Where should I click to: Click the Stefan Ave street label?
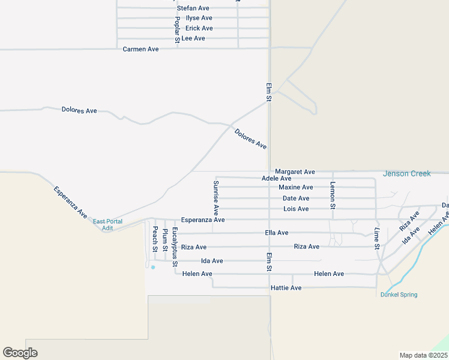pos(193,8)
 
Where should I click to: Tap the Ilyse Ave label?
pos(199,18)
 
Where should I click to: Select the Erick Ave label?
pos(199,28)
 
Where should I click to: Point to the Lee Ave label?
pos(193,38)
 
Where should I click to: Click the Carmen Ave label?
pos(140,49)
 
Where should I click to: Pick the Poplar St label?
pos(177,29)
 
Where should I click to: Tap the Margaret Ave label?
pos(295,172)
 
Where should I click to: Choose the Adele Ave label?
pos(277,178)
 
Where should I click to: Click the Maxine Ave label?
pos(296,188)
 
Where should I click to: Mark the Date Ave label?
pos(296,199)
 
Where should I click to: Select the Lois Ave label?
pos(296,209)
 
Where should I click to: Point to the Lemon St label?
pos(333,195)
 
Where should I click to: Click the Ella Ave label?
pos(276,233)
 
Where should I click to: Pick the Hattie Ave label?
pos(286,288)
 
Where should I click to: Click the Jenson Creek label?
pos(407,174)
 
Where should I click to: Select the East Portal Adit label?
pos(107,225)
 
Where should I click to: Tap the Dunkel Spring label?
pos(399,295)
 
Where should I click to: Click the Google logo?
pos(20,353)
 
